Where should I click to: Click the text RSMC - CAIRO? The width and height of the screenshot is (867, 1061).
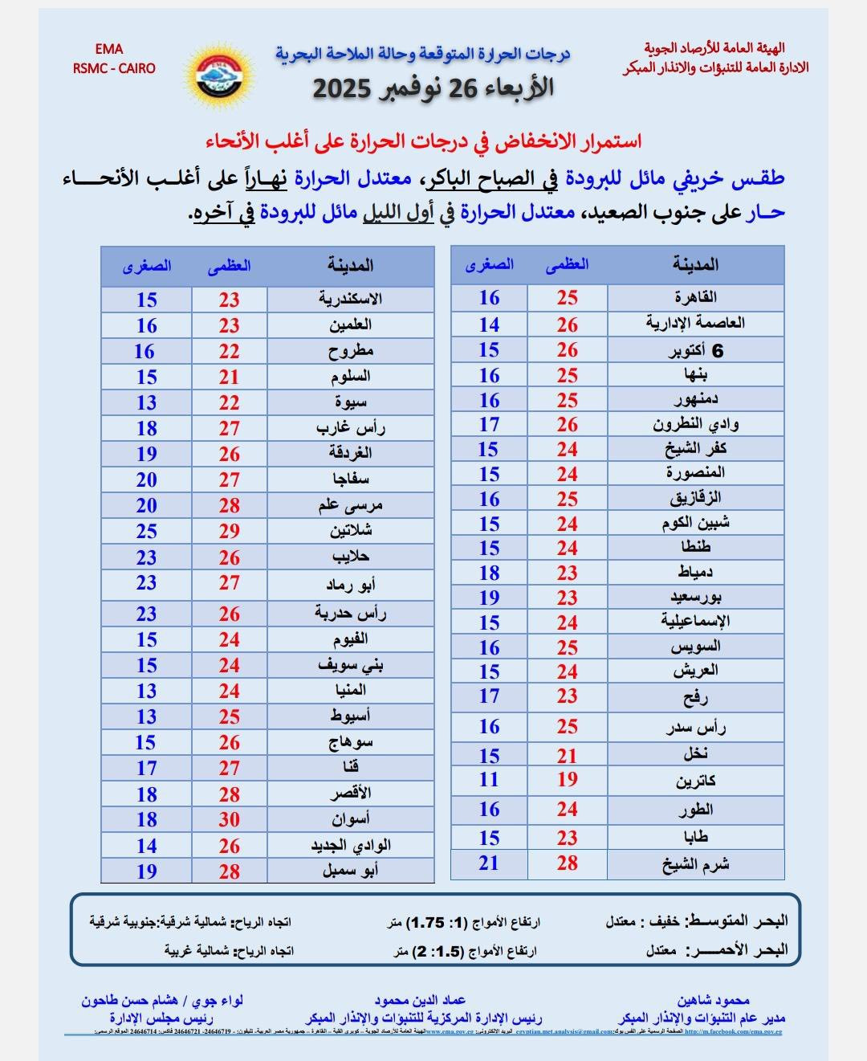[x=114, y=68]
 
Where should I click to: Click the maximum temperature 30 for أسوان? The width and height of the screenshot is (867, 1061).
[x=230, y=819]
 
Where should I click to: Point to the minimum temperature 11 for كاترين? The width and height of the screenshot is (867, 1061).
[x=489, y=779]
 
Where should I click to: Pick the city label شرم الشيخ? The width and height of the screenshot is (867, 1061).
[x=695, y=864]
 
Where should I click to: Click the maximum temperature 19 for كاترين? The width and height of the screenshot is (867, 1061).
[x=567, y=779]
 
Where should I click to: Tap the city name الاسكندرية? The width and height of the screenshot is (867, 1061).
[x=350, y=299]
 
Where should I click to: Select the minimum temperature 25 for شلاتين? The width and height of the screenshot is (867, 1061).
[x=146, y=531]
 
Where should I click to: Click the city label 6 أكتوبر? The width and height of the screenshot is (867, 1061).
[x=695, y=351]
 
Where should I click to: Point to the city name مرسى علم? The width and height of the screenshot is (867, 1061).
[x=350, y=505]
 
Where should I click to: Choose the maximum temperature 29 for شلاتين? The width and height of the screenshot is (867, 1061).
[x=230, y=531]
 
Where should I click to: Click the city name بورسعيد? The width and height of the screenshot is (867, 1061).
[x=695, y=598]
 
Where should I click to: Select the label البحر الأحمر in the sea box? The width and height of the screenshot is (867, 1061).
[x=738, y=949]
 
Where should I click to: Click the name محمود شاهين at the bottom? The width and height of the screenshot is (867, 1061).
[x=713, y=1000]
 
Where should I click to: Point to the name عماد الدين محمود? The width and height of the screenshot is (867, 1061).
[x=420, y=1000]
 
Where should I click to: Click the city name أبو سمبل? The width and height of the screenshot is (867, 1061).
[x=350, y=870]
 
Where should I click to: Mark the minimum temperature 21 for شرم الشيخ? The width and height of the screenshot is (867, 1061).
[x=489, y=863]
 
